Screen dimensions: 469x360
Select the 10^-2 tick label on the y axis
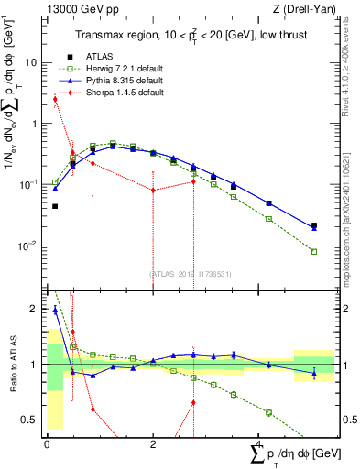(28, 245)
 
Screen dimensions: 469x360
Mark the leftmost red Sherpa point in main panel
(55, 99)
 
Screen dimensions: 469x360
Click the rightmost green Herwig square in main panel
(313, 251)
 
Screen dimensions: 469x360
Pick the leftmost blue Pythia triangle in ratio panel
(55, 311)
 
